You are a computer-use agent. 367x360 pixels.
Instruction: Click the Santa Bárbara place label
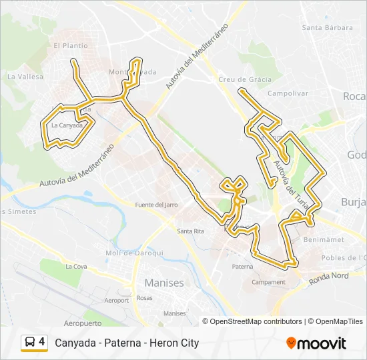click(327, 27)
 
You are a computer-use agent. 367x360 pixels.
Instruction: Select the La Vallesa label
click(25, 77)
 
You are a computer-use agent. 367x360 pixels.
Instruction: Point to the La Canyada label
click(66, 125)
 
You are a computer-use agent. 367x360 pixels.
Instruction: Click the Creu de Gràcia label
click(245, 79)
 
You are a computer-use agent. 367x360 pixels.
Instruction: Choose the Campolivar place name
click(288, 94)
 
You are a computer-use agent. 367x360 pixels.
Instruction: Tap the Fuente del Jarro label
click(156, 205)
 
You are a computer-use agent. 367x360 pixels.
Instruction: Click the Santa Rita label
click(190, 231)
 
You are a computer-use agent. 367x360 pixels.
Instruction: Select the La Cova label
click(76, 266)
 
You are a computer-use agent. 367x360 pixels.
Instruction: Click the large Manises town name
click(164, 283)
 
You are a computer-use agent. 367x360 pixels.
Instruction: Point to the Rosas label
click(145, 298)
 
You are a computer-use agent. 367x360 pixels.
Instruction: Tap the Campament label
click(268, 282)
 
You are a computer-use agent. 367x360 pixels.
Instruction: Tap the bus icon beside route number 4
click(30, 343)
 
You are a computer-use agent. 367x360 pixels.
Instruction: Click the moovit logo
click(316, 343)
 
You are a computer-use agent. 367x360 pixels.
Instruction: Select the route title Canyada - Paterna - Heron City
click(127, 343)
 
